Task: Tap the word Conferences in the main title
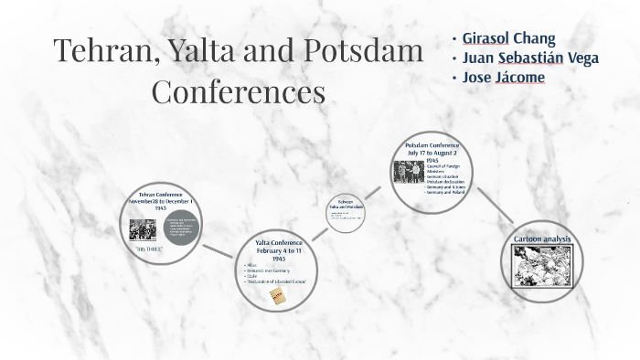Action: (238, 91)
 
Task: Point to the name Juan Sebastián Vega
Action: (530, 58)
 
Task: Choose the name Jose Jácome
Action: (504, 77)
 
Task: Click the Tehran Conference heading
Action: (160, 195)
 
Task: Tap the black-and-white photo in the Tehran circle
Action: (143, 228)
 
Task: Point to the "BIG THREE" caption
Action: (148, 249)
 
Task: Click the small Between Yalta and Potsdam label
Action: (346, 205)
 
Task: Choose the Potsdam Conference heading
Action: (432, 145)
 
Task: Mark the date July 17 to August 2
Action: (432, 153)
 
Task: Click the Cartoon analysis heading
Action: (542, 239)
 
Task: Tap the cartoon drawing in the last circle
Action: (542, 264)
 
